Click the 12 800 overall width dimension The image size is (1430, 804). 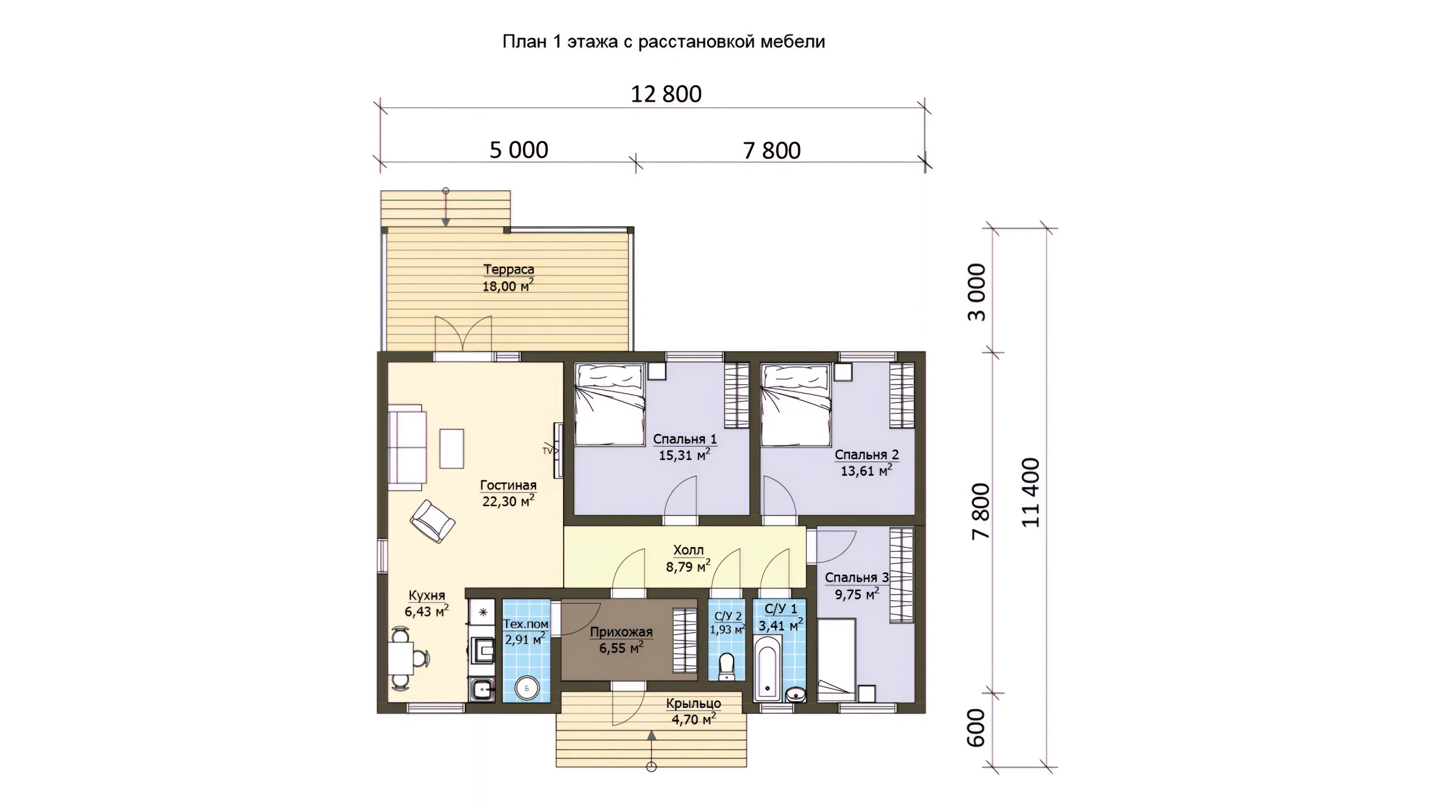(666, 94)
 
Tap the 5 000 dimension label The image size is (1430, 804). (519, 150)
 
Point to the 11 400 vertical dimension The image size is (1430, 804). (1031, 492)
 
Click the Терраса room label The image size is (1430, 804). (508, 269)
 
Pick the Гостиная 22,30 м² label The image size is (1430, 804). (508, 493)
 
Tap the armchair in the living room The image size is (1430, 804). (432, 521)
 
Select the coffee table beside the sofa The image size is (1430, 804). (451, 448)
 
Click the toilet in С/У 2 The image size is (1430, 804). (727, 666)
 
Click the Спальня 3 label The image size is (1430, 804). (856, 577)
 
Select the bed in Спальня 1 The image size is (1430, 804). (609, 404)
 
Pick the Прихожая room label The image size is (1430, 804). (621, 632)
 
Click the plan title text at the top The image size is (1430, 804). (664, 42)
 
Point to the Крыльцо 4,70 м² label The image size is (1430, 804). (693, 712)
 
